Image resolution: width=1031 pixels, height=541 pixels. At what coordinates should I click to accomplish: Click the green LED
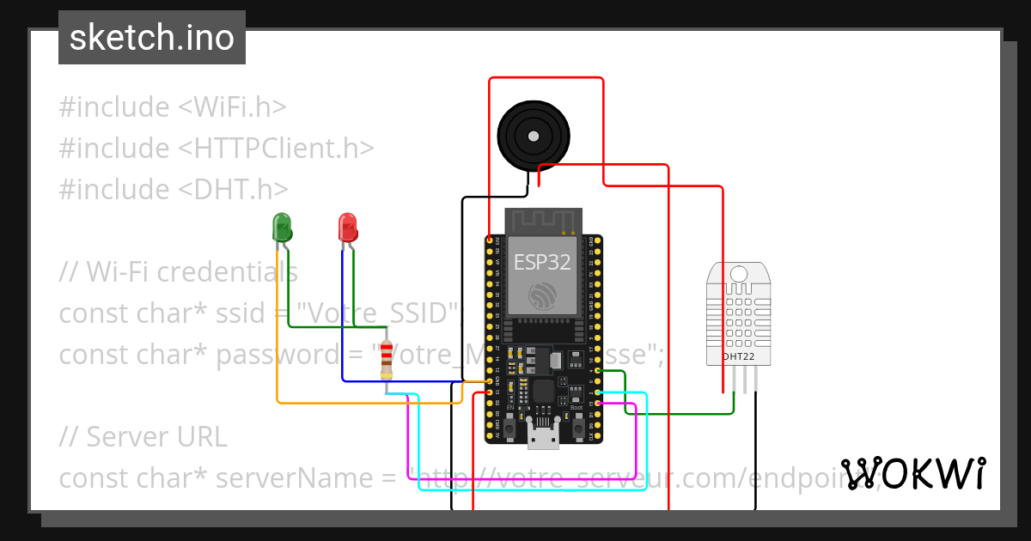(282, 228)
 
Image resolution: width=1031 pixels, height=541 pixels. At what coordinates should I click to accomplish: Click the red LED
(347, 228)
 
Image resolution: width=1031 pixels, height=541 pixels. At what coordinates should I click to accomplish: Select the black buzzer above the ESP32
(534, 135)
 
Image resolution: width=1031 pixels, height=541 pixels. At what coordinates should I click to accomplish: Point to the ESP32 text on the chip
(542, 263)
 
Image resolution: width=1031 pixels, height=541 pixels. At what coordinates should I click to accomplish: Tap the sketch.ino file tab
(152, 38)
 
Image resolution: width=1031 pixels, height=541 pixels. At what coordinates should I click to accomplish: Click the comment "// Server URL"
(143, 437)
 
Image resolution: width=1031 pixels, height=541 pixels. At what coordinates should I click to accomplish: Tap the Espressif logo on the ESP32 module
(542, 296)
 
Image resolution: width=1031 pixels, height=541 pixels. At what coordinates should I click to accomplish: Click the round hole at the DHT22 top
(738, 274)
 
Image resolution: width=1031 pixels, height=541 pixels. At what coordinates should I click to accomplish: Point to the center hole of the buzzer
(534, 135)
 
